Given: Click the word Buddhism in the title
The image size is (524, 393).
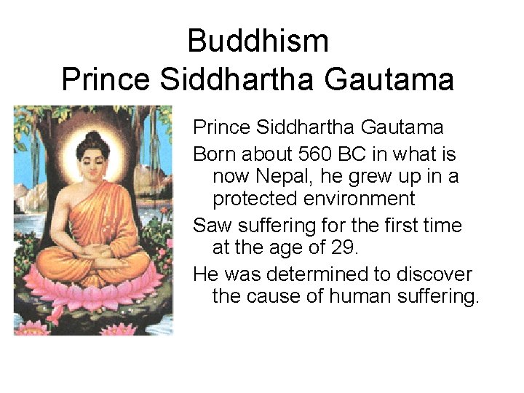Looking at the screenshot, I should click(258, 41).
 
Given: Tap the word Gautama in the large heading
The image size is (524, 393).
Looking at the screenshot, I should click(389, 79).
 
